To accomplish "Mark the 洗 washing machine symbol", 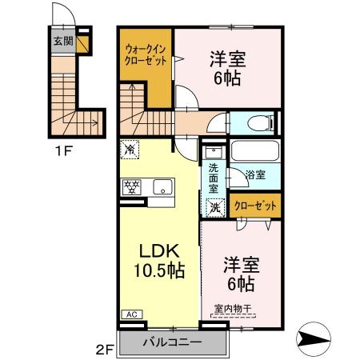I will click(x=214, y=206).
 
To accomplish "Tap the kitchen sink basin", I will click(x=162, y=189).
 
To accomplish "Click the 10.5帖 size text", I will click(x=158, y=270).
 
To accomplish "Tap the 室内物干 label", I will click(x=231, y=308).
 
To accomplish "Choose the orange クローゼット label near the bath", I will click(x=256, y=206).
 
